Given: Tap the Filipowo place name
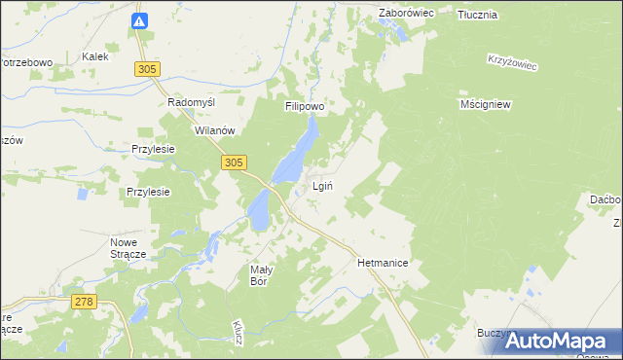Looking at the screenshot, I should [x=304, y=106].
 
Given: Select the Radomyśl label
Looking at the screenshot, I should [x=191, y=102].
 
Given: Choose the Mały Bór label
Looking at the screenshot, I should [x=259, y=274].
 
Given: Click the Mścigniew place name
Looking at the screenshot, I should [x=486, y=103].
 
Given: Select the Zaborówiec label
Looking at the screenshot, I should [x=406, y=14].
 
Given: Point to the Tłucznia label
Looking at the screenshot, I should [x=477, y=15].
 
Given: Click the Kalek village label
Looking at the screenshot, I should [x=94, y=57].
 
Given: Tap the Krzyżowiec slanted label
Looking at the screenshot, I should [x=512, y=60].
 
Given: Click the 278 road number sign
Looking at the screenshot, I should [x=83, y=303].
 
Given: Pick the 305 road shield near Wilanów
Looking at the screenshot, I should [x=233, y=163].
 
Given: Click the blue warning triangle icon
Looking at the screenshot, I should [x=140, y=20].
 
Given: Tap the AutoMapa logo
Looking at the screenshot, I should [x=562, y=341].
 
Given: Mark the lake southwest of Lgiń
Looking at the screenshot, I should [x=259, y=209].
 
